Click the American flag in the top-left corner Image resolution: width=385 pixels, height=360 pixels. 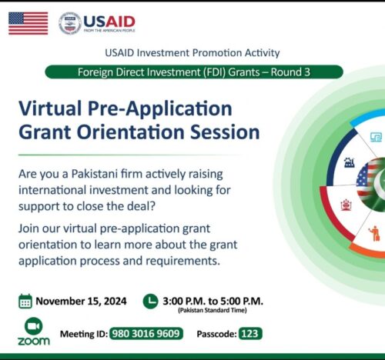(x=28, y=23)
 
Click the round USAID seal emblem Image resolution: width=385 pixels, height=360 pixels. (x=70, y=23)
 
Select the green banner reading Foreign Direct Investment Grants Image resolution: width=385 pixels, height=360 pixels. (x=193, y=72)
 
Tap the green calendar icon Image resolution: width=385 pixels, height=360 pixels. (x=25, y=301)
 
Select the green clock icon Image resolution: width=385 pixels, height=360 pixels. (x=150, y=301)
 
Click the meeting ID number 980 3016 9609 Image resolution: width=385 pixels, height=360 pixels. (x=146, y=334)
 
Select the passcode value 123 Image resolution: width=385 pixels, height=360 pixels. (x=249, y=334)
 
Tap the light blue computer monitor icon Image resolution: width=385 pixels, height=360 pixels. (x=376, y=137)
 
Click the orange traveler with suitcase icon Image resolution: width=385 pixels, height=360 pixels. (x=374, y=232)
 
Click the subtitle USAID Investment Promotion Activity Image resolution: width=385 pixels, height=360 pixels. (x=192, y=53)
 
